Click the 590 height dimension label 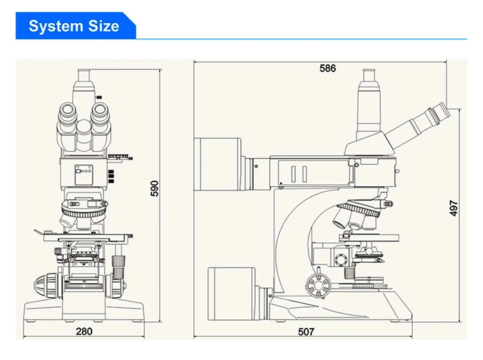(x=155, y=188)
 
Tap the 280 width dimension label (x=84, y=332)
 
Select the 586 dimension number (x=327, y=68)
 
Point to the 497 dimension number (x=453, y=208)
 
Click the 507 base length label (x=306, y=332)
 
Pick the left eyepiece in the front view (x=68, y=113)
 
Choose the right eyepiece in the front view (x=100, y=113)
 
